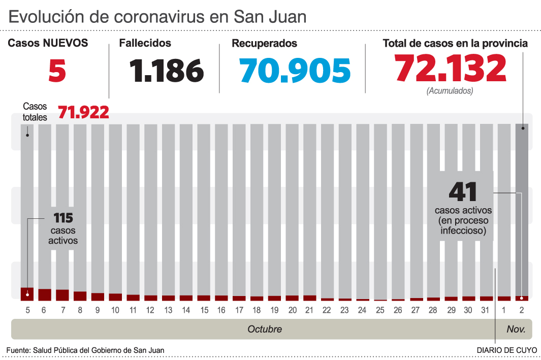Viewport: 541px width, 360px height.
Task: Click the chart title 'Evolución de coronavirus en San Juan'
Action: (x=157, y=17)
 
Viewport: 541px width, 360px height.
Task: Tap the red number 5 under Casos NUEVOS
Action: (x=57, y=71)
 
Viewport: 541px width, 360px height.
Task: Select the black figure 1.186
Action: (x=166, y=71)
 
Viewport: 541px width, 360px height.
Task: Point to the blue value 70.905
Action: (x=295, y=71)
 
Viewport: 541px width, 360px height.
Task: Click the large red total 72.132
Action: (x=450, y=69)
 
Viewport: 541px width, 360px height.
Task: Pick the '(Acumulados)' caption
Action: (x=450, y=91)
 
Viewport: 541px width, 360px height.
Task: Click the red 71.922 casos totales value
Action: (x=83, y=112)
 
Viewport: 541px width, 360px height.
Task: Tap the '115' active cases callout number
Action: (x=63, y=218)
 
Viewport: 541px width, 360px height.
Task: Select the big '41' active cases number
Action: (x=463, y=192)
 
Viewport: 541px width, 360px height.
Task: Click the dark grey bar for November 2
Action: (x=522, y=203)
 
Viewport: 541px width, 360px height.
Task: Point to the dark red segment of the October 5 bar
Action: (x=27, y=294)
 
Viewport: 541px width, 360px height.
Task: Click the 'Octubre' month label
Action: (x=265, y=329)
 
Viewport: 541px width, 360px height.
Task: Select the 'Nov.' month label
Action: (x=516, y=329)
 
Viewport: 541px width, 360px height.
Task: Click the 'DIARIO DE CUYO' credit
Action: (x=506, y=350)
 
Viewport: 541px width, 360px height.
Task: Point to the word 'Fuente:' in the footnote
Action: (x=18, y=350)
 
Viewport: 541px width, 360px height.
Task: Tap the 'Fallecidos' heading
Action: (x=145, y=44)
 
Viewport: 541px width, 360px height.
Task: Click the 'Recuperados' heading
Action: (x=264, y=44)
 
